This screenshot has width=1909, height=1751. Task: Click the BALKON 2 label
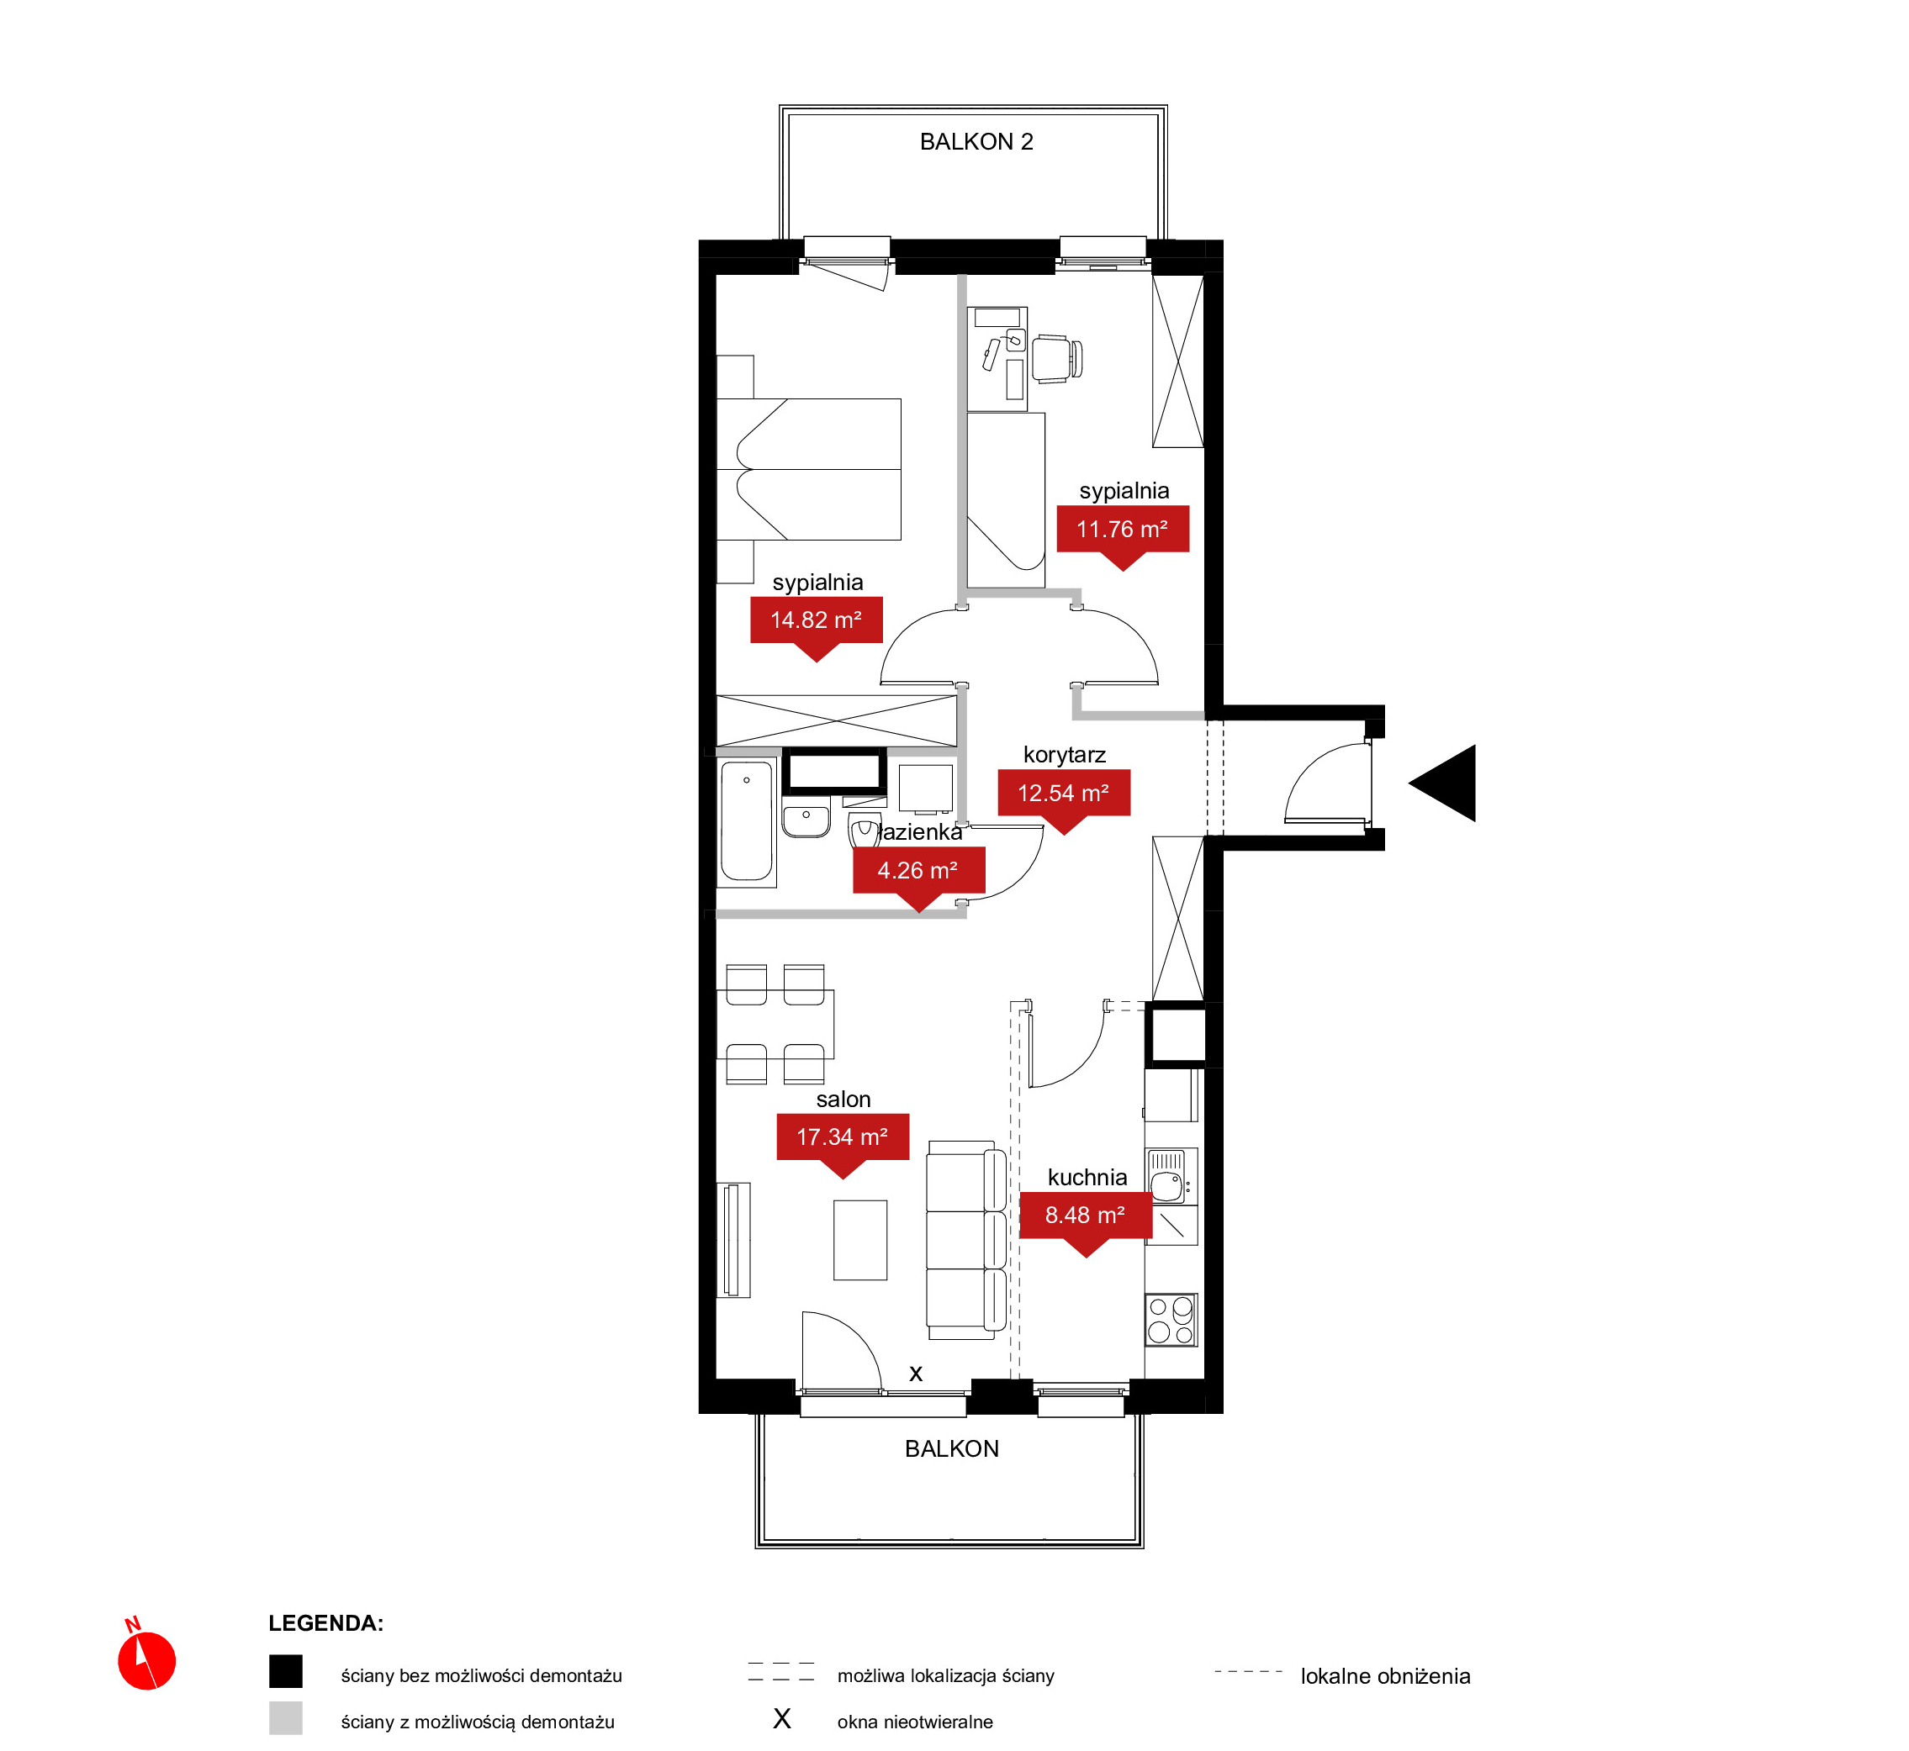click(976, 142)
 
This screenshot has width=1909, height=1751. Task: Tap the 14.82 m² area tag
click(816, 625)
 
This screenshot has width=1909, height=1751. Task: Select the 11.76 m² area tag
click(1124, 535)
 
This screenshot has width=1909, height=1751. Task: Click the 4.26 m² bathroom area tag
click(918, 876)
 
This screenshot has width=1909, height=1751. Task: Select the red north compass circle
click(147, 1661)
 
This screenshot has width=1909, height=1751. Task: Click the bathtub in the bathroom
click(747, 821)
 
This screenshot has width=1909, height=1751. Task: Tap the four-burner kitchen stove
click(1171, 1320)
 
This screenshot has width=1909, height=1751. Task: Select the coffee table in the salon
click(860, 1240)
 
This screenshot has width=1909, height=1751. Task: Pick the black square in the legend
click(285, 1671)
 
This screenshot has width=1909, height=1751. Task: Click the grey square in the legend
click(285, 1718)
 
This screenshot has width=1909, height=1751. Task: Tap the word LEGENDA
click(325, 1623)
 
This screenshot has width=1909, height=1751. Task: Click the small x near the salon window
click(916, 1374)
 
